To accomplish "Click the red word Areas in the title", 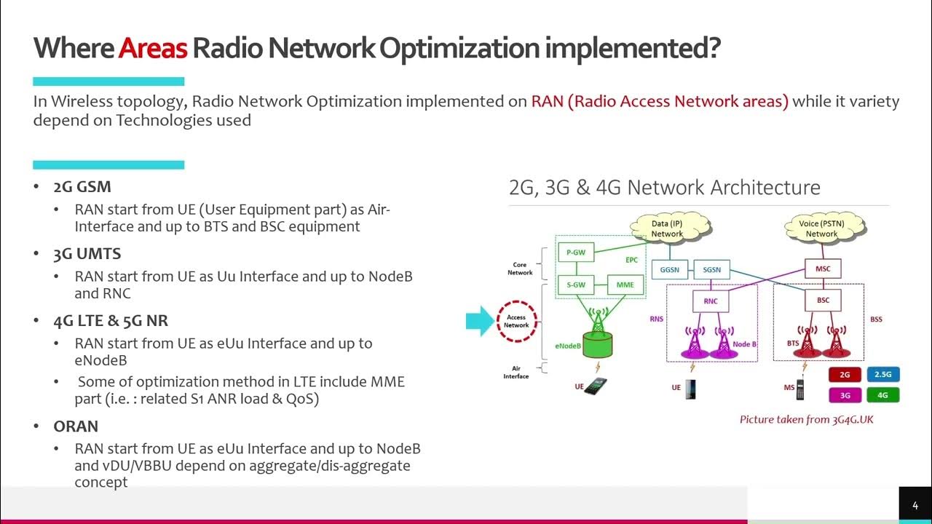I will click(153, 48).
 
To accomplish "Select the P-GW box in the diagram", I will click(575, 253).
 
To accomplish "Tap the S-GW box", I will click(575, 285).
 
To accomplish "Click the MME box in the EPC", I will click(625, 285).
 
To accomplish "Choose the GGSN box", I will click(669, 269).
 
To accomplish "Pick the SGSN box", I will click(711, 269).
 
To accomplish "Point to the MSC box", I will click(823, 269).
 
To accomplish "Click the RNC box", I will click(711, 301).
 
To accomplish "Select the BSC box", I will click(823, 300).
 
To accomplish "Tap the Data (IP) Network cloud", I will click(667, 229).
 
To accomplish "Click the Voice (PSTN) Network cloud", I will click(821, 229).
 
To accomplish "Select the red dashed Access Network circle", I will click(517, 321).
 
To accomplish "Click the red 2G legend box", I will click(845, 375).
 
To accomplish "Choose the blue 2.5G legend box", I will click(882, 375).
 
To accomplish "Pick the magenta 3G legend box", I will click(845, 395).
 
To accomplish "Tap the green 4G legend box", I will click(882, 395).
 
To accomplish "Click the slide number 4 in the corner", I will click(915, 505).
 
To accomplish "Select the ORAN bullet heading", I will click(76, 426).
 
